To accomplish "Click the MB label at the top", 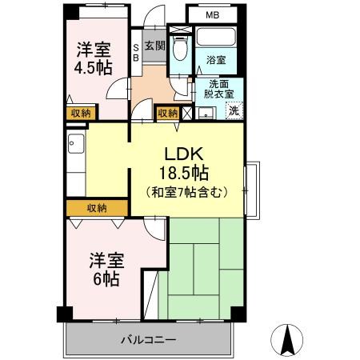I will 211,14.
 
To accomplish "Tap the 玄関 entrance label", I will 154,46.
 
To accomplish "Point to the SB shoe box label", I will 135,52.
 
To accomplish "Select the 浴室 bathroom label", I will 215,60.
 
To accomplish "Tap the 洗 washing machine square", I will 233,111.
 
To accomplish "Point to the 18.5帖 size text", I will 186,174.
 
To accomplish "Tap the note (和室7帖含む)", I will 186,192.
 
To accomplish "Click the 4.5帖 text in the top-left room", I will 92,67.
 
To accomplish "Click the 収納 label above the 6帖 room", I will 97,208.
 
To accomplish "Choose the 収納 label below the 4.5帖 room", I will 79,114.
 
